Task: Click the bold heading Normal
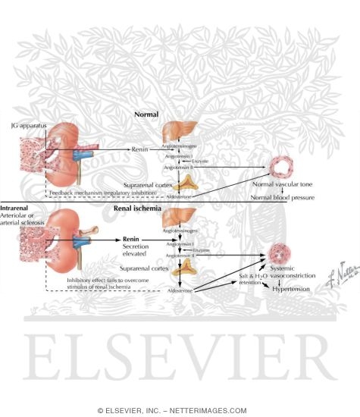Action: pos(146,114)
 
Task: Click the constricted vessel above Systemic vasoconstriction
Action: pos(279,253)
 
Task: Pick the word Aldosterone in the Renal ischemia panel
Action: pos(178,290)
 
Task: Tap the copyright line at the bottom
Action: pos(180,410)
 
